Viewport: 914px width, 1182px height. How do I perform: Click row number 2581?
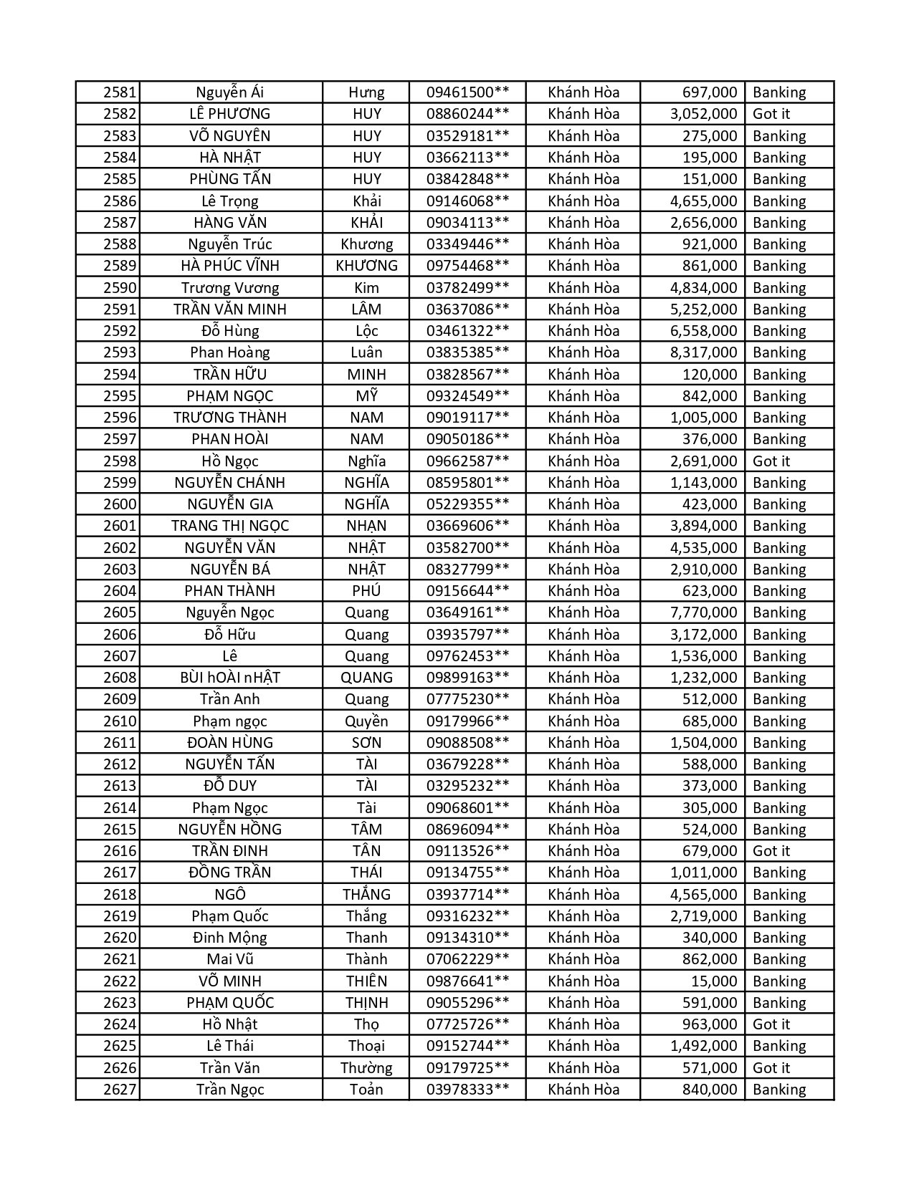pyautogui.click(x=119, y=92)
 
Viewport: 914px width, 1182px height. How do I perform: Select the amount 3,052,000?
pyautogui.click(x=703, y=114)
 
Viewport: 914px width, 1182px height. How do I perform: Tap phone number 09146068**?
pyautogui.click(x=467, y=201)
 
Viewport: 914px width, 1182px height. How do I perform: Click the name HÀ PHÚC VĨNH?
pyautogui.click(x=230, y=266)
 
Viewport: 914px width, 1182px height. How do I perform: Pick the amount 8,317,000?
pyautogui.click(x=703, y=352)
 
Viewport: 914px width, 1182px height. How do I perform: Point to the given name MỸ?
pyautogui.click(x=366, y=396)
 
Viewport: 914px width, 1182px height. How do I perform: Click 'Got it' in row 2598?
pyautogui.click(x=771, y=461)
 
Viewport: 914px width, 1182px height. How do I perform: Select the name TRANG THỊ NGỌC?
pyautogui.click(x=230, y=526)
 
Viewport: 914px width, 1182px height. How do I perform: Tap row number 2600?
pyautogui.click(x=119, y=504)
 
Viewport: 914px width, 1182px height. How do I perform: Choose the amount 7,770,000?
pyautogui.click(x=703, y=612)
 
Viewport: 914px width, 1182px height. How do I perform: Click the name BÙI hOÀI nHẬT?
pyautogui.click(x=230, y=678)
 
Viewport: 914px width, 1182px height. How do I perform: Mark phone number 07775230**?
pyautogui.click(x=467, y=699)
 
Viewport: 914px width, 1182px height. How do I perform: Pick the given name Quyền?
pyautogui.click(x=366, y=721)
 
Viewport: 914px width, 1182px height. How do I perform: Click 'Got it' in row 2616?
pyautogui.click(x=771, y=851)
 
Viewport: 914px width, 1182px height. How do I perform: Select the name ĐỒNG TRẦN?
pyautogui.click(x=230, y=873)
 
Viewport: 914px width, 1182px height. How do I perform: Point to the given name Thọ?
pyautogui.click(x=366, y=1024)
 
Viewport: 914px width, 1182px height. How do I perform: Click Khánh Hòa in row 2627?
pyautogui.click(x=584, y=1090)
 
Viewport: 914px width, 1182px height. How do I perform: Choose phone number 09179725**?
pyautogui.click(x=467, y=1068)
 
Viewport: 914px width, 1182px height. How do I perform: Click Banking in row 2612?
pyautogui.click(x=779, y=764)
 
